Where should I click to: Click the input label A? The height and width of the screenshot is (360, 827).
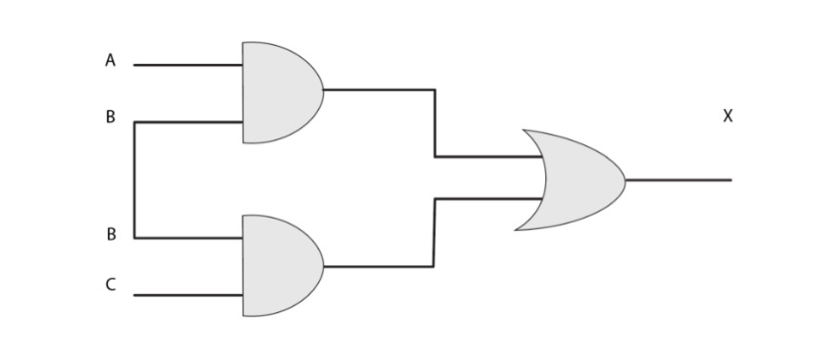pos(111,61)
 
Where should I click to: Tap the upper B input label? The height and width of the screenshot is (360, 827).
pos(111,118)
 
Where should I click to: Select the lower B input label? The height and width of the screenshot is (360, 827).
pos(111,234)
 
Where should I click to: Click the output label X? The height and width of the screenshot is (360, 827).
pos(728,116)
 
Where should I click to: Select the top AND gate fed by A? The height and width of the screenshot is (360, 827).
pos(279,93)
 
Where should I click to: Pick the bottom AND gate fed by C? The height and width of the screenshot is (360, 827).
pos(279,266)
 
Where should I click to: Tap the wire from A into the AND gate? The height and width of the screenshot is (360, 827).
pos(187,65)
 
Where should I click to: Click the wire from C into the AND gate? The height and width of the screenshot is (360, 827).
pos(187,296)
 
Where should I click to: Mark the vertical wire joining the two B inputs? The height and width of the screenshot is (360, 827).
pos(135,180)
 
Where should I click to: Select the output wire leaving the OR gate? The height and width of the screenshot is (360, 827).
pos(678,180)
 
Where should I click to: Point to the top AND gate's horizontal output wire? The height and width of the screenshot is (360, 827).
pos(379,90)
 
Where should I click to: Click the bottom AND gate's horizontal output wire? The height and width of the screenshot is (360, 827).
pos(378,266)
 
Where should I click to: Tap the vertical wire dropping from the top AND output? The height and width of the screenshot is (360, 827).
pos(435,123)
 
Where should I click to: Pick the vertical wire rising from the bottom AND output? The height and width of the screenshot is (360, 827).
pos(435,232)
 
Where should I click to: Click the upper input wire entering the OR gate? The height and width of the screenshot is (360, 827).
pos(487,157)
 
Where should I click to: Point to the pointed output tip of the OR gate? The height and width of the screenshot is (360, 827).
pos(624,180)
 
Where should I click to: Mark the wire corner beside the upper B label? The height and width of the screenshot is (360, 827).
pos(135,122)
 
